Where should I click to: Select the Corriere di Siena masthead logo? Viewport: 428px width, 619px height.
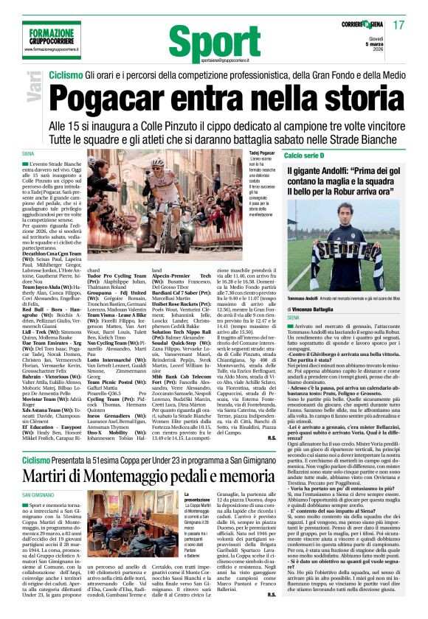coord(363,25)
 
